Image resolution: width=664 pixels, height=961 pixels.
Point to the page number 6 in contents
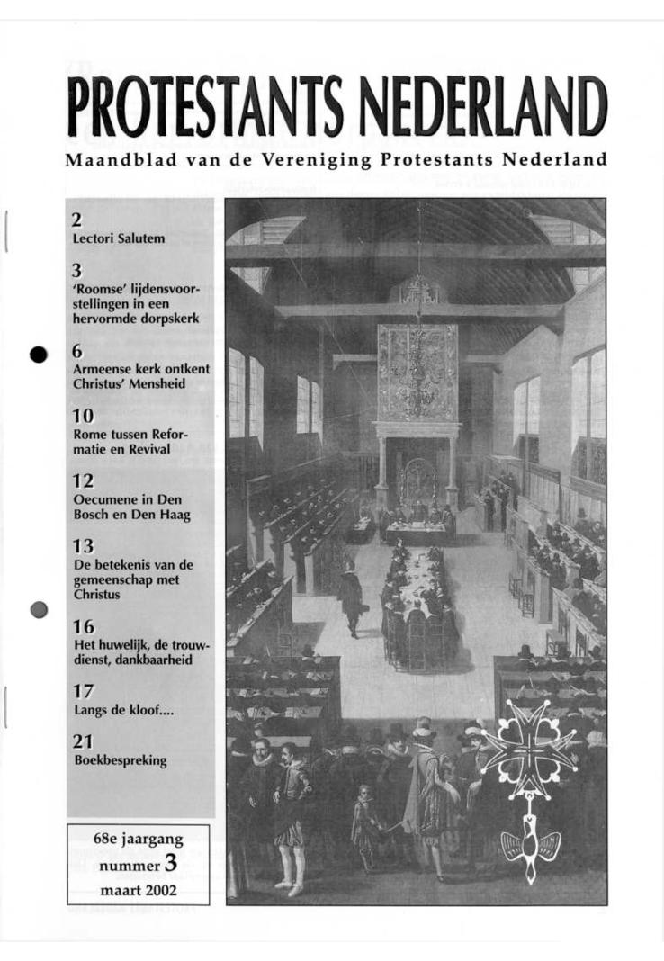click(x=77, y=352)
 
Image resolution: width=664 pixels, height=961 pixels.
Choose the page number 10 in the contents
click(x=82, y=417)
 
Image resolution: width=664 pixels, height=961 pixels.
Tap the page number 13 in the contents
click(x=82, y=546)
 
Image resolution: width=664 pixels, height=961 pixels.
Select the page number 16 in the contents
click(x=83, y=627)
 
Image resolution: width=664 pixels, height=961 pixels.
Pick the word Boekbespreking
click(x=120, y=760)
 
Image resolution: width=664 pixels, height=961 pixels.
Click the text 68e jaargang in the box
click(x=138, y=840)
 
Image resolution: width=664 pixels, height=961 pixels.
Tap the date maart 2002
click(x=138, y=892)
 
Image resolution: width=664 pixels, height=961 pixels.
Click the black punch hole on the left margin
click(x=38, y=354)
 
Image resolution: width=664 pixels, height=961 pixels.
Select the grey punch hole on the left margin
click(x=38, y=609)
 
